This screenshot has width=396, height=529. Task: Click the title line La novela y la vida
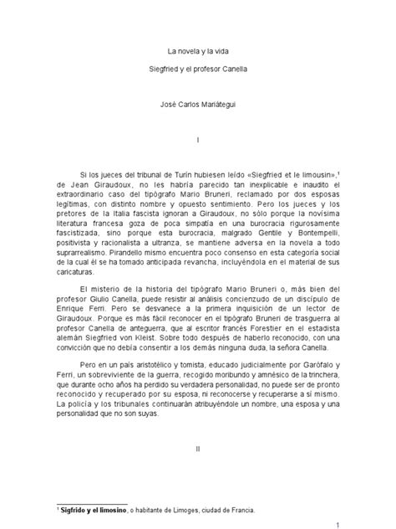coord(197,52)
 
